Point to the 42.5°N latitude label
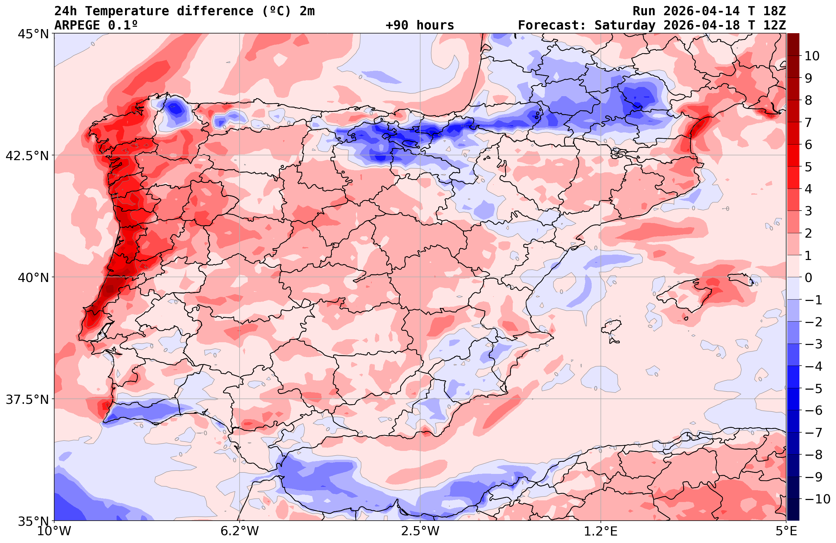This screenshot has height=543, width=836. tap(27, 155)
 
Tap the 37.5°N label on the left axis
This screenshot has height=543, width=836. tap(27, 399)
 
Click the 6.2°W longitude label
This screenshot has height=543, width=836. tap(240, 531)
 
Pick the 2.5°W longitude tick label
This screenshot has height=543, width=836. tap(420, 531)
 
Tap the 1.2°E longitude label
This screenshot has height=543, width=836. tap(601, 531)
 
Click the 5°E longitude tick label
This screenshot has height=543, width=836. tap(786, 531)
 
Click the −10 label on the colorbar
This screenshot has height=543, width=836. tap(815, 499)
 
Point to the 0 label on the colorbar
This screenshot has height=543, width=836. tap(808, 278)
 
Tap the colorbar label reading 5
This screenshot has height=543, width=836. tap(808, 167)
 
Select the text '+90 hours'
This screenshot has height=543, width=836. tap(420, 25)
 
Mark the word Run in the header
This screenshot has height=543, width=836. tap(644, 11)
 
